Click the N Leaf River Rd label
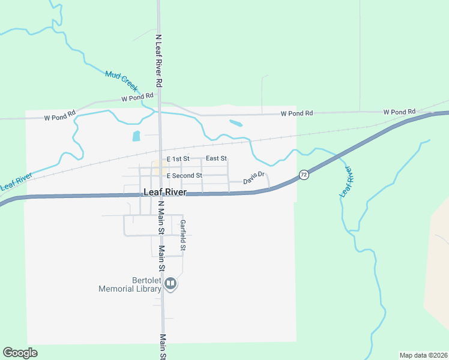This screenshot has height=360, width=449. [159, 58]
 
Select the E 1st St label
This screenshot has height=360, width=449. [178, 159]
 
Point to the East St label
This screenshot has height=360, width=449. [216, 158]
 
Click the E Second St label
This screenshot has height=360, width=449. [184, 176]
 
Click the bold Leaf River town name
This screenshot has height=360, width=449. [165, 193]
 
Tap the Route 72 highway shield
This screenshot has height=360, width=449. [304, 175]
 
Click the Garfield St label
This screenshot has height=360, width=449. [183, 236]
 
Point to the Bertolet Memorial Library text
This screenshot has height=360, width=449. [131, 284]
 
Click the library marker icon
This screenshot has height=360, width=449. [170, 283]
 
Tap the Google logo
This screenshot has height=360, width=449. [20, 353]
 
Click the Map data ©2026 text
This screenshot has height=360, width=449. [423, 355]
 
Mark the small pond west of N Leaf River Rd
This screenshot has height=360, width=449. [136, 136]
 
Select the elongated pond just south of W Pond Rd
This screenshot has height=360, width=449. [236, 124]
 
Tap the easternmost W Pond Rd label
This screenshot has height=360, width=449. [400, 112]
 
